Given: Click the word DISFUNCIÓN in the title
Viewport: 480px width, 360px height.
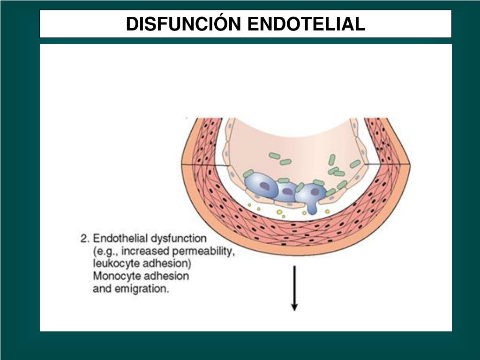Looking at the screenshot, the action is point(185,24).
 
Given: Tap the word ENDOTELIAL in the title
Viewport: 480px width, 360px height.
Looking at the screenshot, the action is point(306,24).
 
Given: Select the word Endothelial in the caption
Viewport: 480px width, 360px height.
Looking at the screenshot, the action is point(121,238).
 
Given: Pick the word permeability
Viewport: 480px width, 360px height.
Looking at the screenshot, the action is point(204,251).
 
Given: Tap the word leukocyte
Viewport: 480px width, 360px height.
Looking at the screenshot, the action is point(115,263).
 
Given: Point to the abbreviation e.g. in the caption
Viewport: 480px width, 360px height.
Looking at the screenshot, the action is point(107,251).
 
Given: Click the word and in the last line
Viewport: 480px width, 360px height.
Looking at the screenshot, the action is point(101,289).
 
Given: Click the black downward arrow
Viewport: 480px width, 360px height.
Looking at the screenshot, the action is point(294,288).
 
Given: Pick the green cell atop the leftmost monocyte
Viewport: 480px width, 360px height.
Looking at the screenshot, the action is point(248,173).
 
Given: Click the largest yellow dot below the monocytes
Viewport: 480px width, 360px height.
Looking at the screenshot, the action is point(279,212).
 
